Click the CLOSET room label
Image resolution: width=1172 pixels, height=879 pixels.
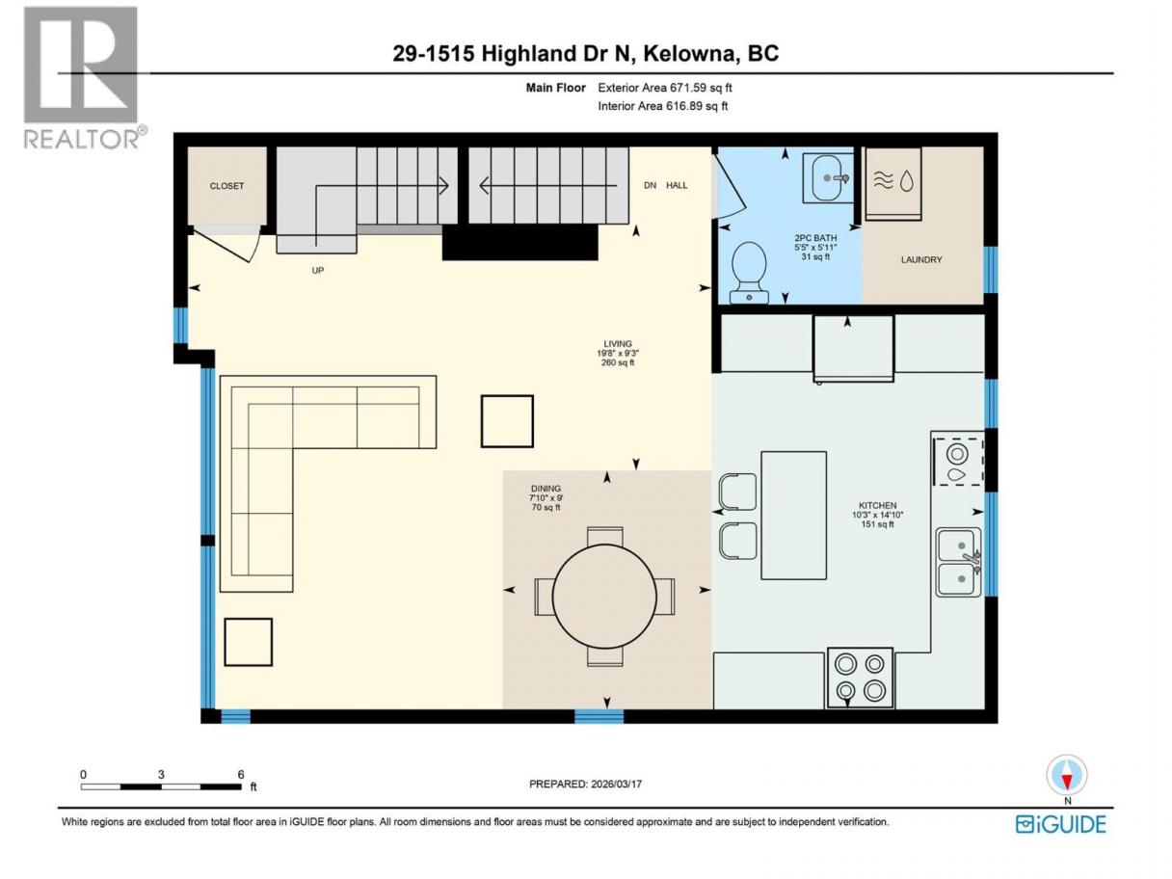pyautogui.click(x=226, y=186)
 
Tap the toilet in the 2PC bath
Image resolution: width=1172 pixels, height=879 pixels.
pyautogui.click(x=749, y=273)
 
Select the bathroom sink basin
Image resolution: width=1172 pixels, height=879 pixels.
pyautogui.click(x=829, y=178)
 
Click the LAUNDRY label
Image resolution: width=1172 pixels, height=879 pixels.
pyautogui.click(x=921, y=260)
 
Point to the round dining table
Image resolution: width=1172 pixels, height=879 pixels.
pyautogui.click(x=604, y=597)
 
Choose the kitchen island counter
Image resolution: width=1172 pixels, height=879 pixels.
pyautogui.click(x=793, y=516)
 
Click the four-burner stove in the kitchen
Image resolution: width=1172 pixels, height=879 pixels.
pyautogui.click(x=860, y=678)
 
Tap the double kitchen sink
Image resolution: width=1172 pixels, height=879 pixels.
pyautogui.click(x=959, y=562)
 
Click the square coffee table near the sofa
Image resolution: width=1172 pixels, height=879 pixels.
pyautogui.click(x=507, y=421)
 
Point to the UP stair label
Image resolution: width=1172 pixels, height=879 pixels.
pyautogui.click(x=318, y=271)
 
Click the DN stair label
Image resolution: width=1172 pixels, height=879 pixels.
pyautogui.click(x=650, y=186)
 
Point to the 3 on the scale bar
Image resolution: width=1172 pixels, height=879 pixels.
pyautogui.click(x=161, y=774)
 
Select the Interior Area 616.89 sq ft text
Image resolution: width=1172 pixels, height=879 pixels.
pyautogui.click(x=662, y=106)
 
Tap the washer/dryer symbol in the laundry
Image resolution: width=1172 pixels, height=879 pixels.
pyautogui.click(x=893, y=183)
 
